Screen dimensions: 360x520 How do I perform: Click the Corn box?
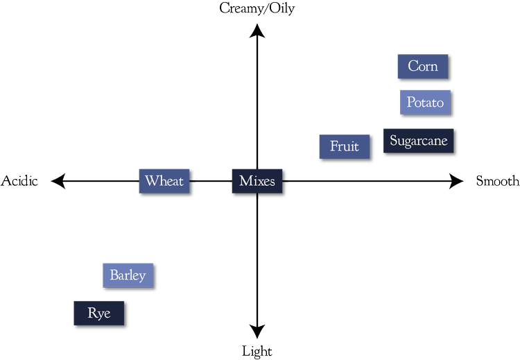(x=423, y=67)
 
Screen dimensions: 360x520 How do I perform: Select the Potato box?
(x=425, y=103)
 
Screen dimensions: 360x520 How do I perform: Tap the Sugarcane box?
(x=418, y=142)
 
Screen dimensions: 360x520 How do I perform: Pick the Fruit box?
(x=344, y=147)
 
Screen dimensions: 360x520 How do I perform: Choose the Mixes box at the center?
(x=257, y=182)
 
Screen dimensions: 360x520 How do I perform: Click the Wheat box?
(x=165, y=182)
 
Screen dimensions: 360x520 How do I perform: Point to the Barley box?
(x=128, y=276)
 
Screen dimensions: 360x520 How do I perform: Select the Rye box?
(x=99, y=314)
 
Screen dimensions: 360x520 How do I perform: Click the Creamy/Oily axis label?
(x=257, y=9)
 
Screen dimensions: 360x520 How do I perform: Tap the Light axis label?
(x=257, y=351)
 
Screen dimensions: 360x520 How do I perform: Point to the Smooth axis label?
(x=497, y=182)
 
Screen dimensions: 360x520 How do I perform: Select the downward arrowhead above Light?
(x=257, y=334)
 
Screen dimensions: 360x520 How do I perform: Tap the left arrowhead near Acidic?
(x=58, y=182)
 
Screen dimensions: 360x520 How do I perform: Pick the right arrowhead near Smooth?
(x=457, y=182)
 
